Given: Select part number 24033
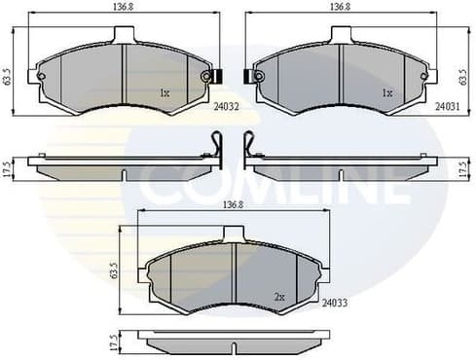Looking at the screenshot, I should (x=334, y=304).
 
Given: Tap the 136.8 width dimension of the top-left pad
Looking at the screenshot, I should (x=123, y=7).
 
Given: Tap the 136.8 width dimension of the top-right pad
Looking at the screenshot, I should (x=340, y=7).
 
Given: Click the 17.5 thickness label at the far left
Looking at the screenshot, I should (x=8, y=165).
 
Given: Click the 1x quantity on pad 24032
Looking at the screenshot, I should (x=165, y=94).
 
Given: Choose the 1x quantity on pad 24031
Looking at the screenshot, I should (x=386, y=94).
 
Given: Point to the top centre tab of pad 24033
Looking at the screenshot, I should (x=234, y=234).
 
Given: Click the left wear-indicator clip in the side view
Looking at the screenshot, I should (x=220, y=146).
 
